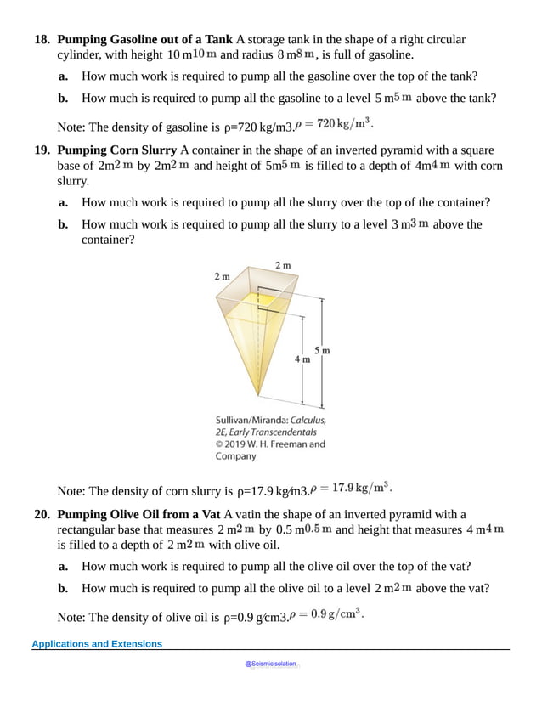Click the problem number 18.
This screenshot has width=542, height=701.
tap(42, 40)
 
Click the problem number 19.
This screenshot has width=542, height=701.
tap(42, 150)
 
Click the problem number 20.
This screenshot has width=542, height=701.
tap(42, 514)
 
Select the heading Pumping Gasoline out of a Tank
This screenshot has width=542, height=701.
tap(144, 40)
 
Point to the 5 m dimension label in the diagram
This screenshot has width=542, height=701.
tap(322, 350)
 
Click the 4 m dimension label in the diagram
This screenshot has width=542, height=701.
tap(302, 359)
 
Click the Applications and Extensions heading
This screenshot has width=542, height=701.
tap(97, 644)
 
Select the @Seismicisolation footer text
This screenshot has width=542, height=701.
tap(270, 664)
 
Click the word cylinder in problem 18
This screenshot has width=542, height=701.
tap(81, 55)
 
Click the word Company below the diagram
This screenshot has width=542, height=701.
tap(236, 456)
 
